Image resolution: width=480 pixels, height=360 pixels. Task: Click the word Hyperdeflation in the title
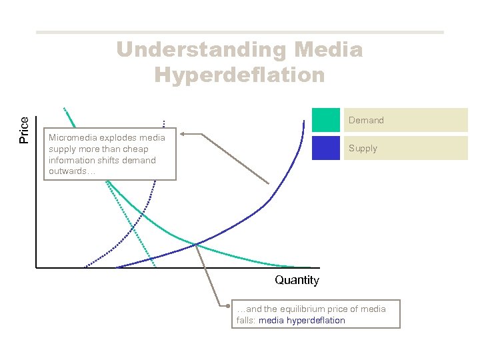(239, 74)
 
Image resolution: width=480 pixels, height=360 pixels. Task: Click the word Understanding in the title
(197, 50)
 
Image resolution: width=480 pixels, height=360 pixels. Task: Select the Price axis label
(25, 130)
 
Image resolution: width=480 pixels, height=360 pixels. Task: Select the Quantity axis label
(297, 280)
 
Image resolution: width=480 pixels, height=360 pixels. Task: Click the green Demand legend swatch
(325, 120)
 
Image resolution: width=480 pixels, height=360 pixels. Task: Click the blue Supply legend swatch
(325, 148)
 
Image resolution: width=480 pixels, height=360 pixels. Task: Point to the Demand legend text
(366, 121)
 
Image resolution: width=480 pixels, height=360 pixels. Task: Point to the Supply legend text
(363, 149)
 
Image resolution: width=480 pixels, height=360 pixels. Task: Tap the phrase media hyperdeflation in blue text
(302, 321)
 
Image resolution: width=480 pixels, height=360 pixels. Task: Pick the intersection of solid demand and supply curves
(195, 244)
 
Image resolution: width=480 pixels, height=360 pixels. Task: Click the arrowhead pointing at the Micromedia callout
(182, 134)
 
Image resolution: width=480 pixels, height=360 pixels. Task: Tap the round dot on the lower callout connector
(227, 307)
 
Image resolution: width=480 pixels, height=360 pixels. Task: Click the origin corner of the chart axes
(36, 268)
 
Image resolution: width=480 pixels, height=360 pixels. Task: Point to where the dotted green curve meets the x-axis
(155, 267)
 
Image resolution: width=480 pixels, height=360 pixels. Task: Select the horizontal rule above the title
(239, 32)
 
